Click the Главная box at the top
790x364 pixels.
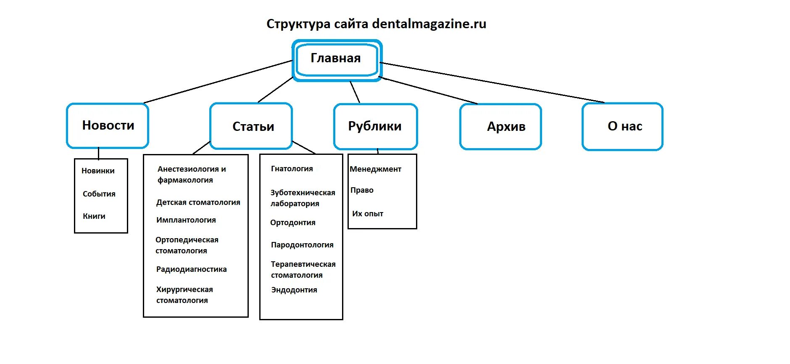336,59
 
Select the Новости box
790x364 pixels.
108,125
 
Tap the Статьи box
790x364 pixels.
253,126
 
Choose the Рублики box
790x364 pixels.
375,126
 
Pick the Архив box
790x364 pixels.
506,127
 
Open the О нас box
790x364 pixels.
624,126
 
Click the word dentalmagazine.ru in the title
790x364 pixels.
429,24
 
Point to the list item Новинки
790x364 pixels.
98,171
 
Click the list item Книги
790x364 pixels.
94,216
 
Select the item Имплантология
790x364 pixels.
186,220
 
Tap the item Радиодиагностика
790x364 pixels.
191,269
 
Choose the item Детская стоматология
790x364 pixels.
198,202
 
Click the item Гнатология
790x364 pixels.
292,169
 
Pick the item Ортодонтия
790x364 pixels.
292,223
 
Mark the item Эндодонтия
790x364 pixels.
294,290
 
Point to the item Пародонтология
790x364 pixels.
302,245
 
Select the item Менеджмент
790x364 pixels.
375,169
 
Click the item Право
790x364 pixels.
362,190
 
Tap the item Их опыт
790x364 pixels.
367,214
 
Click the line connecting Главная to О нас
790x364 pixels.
492,82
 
